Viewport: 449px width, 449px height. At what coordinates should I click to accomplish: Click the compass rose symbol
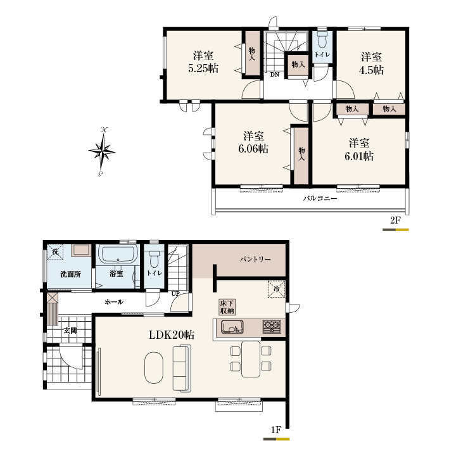[x=102, y=151]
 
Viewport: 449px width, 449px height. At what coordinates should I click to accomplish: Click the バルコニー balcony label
[x=320, y=198]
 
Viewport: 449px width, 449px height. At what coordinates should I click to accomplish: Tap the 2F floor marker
[x=395, y=220]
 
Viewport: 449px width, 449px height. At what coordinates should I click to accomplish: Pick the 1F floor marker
[x=276, y=430]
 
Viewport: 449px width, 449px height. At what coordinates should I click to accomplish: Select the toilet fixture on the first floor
[x=154, y=258]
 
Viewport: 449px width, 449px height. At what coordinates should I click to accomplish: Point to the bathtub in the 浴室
[x=118, y=254]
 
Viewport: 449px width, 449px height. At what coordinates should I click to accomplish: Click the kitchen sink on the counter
[x=232, y=327]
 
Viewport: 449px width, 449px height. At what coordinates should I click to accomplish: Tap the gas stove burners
[x=272, y=326]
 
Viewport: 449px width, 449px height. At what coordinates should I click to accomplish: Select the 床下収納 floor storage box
[x=227, y=307]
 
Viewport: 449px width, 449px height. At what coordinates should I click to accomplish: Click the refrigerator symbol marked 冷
[x=276, y=289]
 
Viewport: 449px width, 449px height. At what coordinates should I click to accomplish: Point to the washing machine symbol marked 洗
[x=55, y=251]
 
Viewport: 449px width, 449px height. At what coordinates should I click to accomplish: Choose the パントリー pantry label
[x=255, y=260]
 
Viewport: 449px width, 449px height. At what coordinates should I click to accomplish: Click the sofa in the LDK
[x=182, y=368]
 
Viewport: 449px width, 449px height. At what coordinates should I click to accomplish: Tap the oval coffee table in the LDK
[x=154, y=368]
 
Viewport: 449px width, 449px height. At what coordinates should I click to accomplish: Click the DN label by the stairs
[x=275, y=75]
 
